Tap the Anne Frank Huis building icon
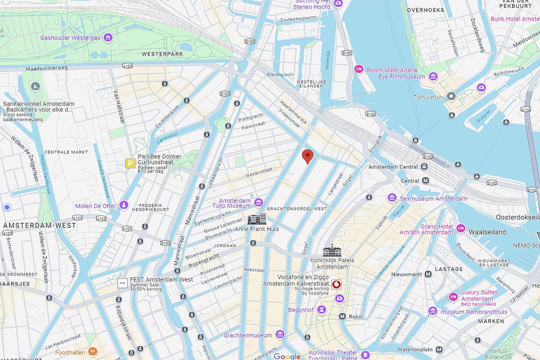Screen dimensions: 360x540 click(x=257, y=219)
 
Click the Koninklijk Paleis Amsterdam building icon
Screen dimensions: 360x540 click(x=332, y=250)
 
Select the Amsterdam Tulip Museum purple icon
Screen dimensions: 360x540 click(x=258, y=202)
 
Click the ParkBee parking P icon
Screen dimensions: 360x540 click(x=130, y=163)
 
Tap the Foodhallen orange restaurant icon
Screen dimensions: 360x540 click(x=91, y=352)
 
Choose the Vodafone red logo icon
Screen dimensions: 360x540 click(x=336, y=284)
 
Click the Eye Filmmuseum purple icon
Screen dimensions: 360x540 click(x=433, y=77)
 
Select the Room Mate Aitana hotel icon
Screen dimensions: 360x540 click(x=358, y=69)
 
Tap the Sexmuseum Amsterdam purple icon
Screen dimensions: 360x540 click(x=392, y=198)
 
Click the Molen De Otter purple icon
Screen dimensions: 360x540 click(x=124, y=205)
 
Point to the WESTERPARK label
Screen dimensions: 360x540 click(x=160, y=53)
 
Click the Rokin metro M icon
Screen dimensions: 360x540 click(x=342, y=316)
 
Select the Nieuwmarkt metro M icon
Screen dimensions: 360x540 click(x=428, y=274)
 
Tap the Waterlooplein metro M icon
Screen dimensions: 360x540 click(x=438, y=349)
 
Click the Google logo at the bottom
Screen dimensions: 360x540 click(x=287, y=356)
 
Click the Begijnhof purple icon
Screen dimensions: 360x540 click(x=322, y=309)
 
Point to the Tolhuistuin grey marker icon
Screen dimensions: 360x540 click(x=451, y=96)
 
